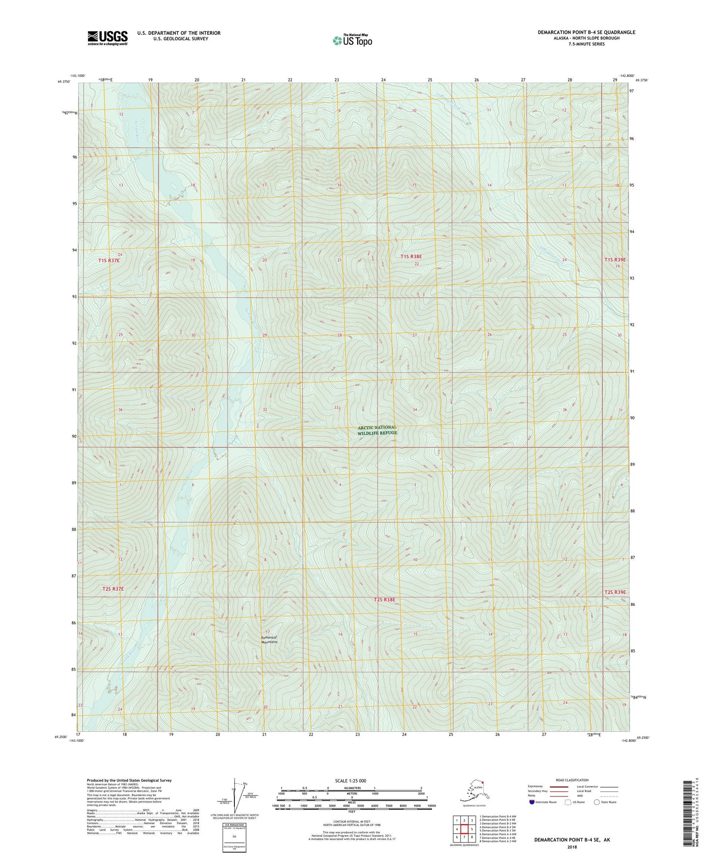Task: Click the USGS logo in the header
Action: [108, 38]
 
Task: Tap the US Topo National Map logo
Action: [352, 40]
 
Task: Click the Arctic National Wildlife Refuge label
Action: [377, 430]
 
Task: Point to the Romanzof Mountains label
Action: [269, 640]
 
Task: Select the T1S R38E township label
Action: [411, 256]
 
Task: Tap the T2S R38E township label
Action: [384, 599]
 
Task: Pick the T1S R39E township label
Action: [616, 260]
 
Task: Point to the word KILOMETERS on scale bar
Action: [351, 788]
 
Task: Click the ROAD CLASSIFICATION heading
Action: [572, 780]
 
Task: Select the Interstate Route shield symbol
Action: [532, 802]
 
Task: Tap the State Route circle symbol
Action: [597, 802]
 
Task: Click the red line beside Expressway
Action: [559, 786]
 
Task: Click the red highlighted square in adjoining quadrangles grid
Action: [464, 829]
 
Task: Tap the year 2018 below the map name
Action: [572, 847]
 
